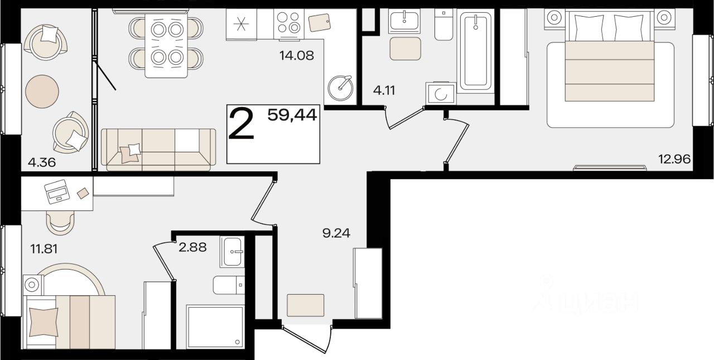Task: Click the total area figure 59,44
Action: click(x=292, y=115)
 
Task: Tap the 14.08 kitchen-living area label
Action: click(x=296, y=55)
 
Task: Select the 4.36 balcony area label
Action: click(x=42, y=162)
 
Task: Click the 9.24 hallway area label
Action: click(x=336, y=233)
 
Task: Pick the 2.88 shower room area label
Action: click(x=192, y=247)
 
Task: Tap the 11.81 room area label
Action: click(x=44, y=248)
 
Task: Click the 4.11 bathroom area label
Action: click(x=384, y=90)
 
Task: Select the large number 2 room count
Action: click(x=242, y=124)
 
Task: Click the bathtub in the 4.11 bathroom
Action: click(x=476, y=51)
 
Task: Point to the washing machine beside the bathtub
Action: click(x=441, y=93)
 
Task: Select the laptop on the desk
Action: click(x=57, y=191)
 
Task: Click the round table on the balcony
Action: click(x=42, y=92)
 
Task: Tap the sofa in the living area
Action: click(x=158, y=150)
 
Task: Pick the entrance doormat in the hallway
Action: click(x=305, y=305)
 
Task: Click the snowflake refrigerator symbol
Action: click(x=242, y=25)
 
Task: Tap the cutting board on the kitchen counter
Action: click(x=320, y=22)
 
